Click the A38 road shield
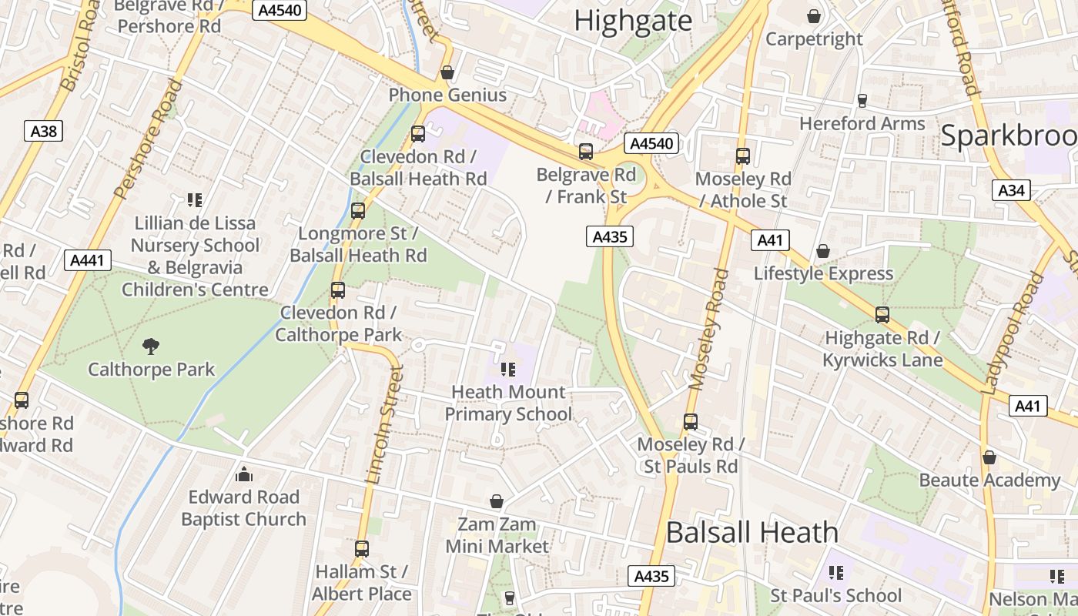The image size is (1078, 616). pyautogui.click(x=44, y=132)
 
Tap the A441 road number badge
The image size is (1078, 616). pyautogui.click(x=87, y=260)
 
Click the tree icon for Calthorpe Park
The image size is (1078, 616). pyautogui.click(x=151, y=346)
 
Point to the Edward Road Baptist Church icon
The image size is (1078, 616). pyautogui.click(x=244, y=474)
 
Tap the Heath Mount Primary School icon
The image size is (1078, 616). pyautogui.click(x=507, y=370)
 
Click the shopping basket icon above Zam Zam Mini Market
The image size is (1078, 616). pyautogui.click(x=497, y=502)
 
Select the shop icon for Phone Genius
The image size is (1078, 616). pyautogui.click(x=447, y=72)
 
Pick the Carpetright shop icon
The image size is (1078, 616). pyautogui.click(x=814, y=16)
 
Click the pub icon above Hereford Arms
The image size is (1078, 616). pyautogui.click(x=862, y=100)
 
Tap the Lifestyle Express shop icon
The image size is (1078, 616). pyautogui.click(x=823, y=251)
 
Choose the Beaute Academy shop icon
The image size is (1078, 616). pyautogui.click(x=989, y=457)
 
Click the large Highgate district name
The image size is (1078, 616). pyautogui.click(x=633, y=21)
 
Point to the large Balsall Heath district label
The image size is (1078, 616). pyautogui.click(x=752, y=532)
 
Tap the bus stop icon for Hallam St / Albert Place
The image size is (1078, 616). pyautogui.click(x=361, y=549)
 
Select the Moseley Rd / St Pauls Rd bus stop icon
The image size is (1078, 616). pyautogui.click(x=691, y=422)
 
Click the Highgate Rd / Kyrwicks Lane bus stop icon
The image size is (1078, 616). pyautogui.click(x=882, y=314)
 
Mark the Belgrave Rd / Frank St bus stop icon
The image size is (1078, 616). pyautogui.click(x=586, y=152)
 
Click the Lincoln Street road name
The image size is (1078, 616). pyautogui.click(x=385, y=423)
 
